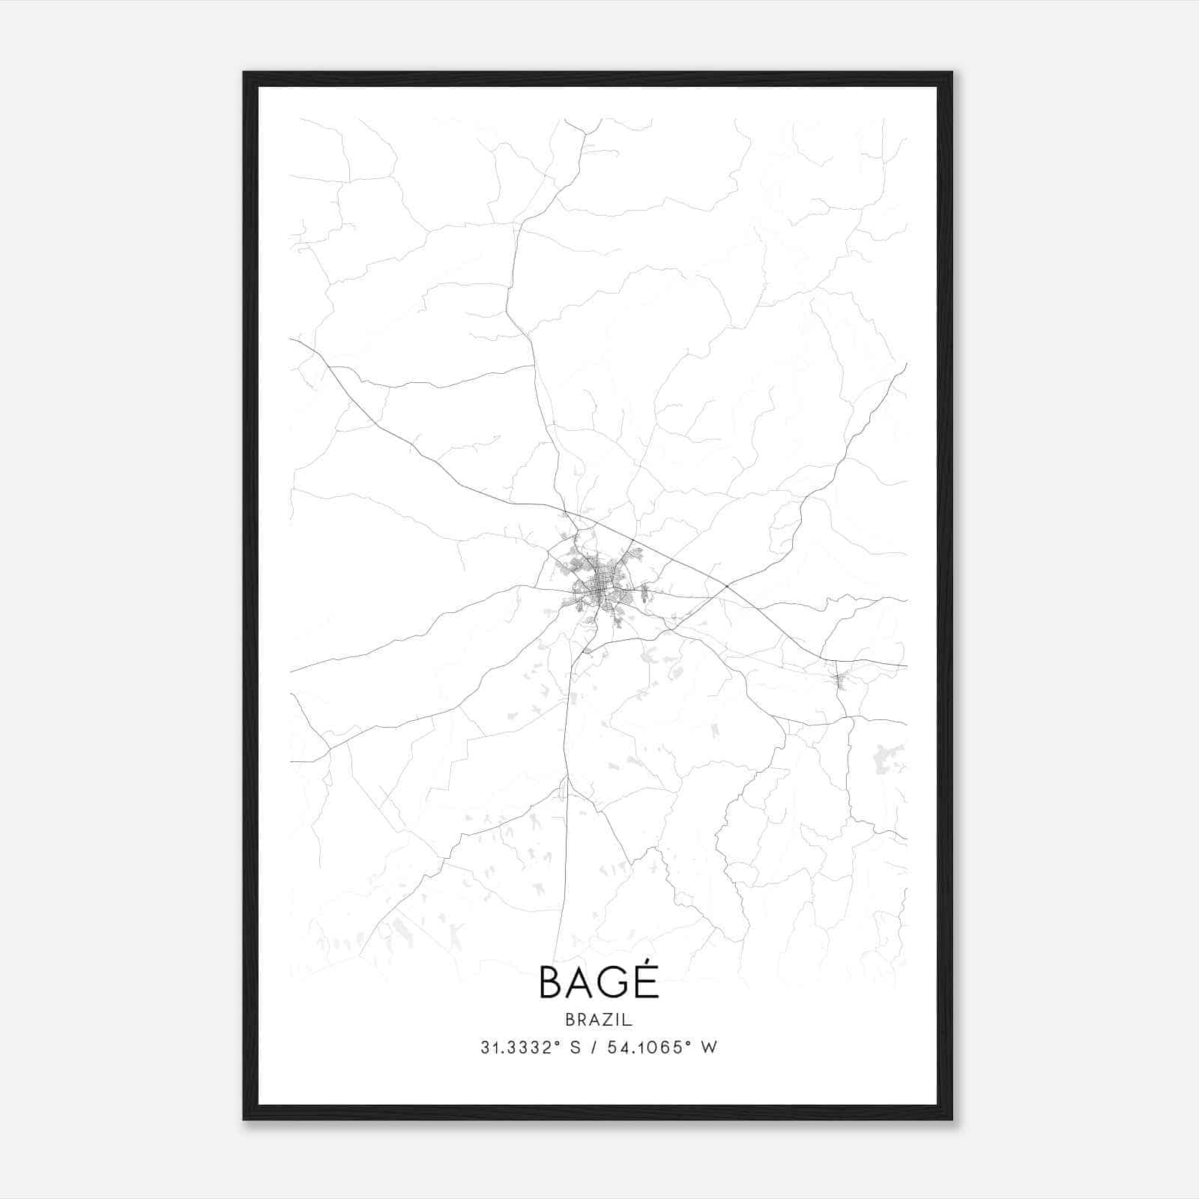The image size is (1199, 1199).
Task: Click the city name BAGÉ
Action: (599, 982)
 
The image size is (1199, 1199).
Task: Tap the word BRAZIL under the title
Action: (599, 1020)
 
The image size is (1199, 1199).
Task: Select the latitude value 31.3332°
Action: (521, 1048)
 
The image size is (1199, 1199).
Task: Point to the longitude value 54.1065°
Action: (644, 1048)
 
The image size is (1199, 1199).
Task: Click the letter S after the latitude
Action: (575, 1048)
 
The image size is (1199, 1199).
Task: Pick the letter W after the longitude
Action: (708, 1048)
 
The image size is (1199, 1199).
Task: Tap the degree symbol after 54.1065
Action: (686, 1043)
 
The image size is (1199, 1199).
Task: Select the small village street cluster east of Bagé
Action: (840, 679)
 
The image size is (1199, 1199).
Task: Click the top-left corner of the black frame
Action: (244, 73)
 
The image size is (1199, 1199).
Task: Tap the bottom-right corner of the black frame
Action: (951, 1119)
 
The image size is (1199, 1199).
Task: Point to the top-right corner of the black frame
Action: (951, 73)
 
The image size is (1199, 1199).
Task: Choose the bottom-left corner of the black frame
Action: (244, 1119)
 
